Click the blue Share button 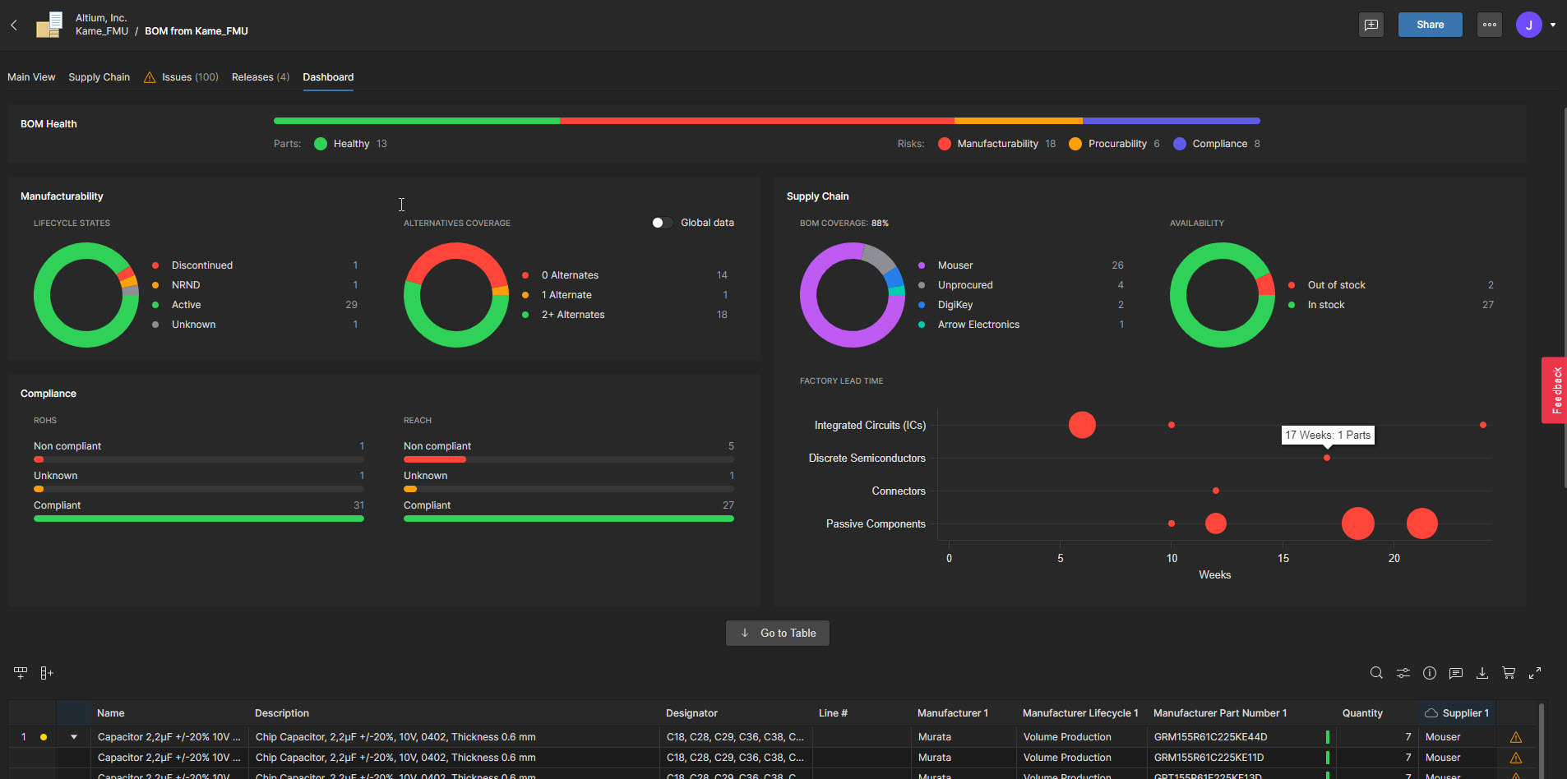pyautogui.click(x=1430, y=25)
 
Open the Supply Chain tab pyautogui.click(x=99, y=77)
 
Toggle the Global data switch pyautogui.click(x=662, y=223)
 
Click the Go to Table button pyautogui.click(x=777, y=633)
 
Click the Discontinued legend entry pyautogui.click(x=201, y=265)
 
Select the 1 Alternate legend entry pyautogui.click(x=566, y=295)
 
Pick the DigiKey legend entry pyautogui.click(x=955, y=305)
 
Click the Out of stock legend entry pyautogui.click(x=1336, y=285)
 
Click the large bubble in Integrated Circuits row pyautogui.click(x=1082, y=425)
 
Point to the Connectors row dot pyautogui.click(x=1216, y=491)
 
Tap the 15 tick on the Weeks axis pyautogui.click(x=1283, y=558)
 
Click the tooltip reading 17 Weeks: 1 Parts pyautogui.click(x=1328, y=435)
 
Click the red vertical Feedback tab pyautogui.click(x=1554, y=390)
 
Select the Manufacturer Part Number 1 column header pyautogui.click(x=1219, y=713)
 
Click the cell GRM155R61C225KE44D pyautogui.click(x=1210, y=737)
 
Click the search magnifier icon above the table pyautogui.click(x=1376, y=673)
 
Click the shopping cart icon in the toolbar pyautogui.click(x=1508, y=673)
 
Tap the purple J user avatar pyautogui.click(x=1528, y=25)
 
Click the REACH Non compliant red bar pyautogui.click(x=434, y=459)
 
